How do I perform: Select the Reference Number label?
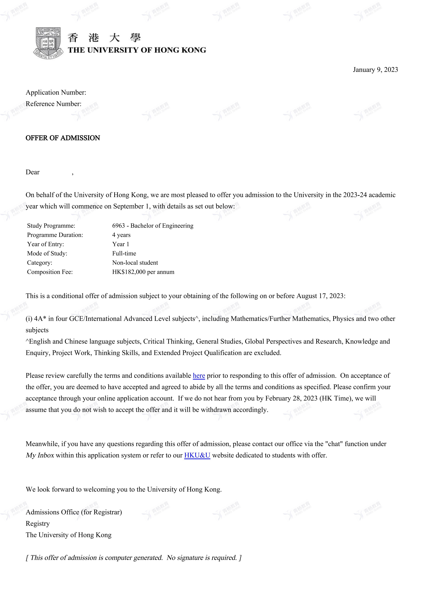coord(54,104)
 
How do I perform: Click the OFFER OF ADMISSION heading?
coord(63,138)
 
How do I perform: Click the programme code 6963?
coord(119,226)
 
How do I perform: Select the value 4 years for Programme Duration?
coord(121,235)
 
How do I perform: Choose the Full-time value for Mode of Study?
coord(124,253)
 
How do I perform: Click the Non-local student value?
coord(135,263)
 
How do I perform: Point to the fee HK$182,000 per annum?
coord(143,272)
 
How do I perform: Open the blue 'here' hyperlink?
coord(199,376)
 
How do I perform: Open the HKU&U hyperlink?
coord(197,455)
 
